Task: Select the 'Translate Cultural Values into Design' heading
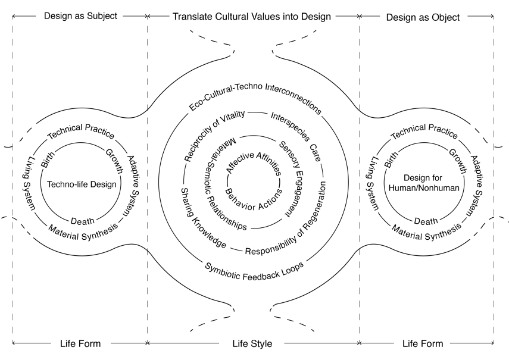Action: pyautogui.click(x=252, y=16)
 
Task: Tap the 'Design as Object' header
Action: pyautogui.click(x=423, y=17)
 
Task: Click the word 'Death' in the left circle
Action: pyautogui.click(x=82, y=221)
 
